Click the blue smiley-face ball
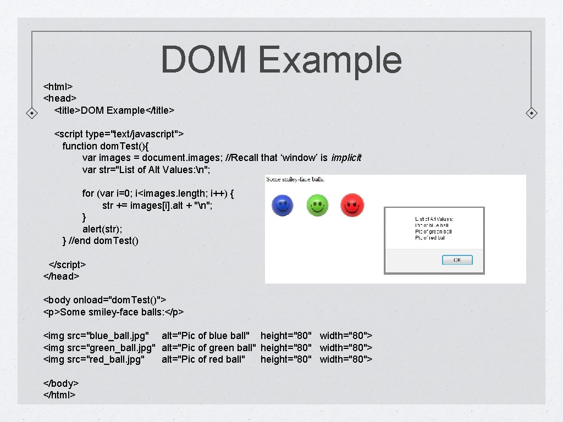coord(283,206)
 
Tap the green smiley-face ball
coord(317,206)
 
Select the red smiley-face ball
coord(352,206)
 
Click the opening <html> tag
coord(58,86)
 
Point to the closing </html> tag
coord(59,395)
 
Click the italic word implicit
coord(346,158)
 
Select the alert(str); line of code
coord(102,229)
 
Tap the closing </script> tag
coord(67,264)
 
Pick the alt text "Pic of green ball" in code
coord(208,347)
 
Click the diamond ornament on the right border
coord(532,113)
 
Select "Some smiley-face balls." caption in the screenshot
coord(295,179)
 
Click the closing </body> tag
coord(61,383)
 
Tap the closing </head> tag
coord(61,276)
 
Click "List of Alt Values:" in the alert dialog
coord(434,219)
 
